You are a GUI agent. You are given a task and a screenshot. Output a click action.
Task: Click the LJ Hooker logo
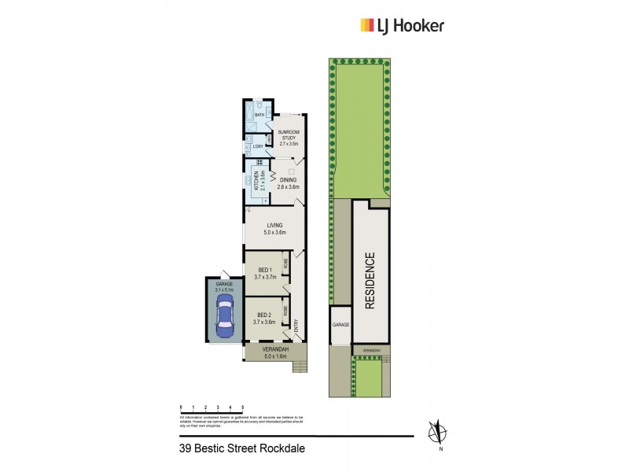point(402,26)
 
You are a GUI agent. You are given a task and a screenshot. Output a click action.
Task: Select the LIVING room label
point(274,229)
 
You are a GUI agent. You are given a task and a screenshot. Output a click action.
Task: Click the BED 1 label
point(265,272)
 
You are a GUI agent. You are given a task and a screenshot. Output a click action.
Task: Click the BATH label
point(259,115)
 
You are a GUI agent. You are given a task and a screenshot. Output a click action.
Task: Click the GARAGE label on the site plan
point(340,324)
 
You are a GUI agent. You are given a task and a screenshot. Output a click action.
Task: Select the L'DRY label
point(258,147)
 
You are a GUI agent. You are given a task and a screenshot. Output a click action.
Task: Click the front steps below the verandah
point(299,365)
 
